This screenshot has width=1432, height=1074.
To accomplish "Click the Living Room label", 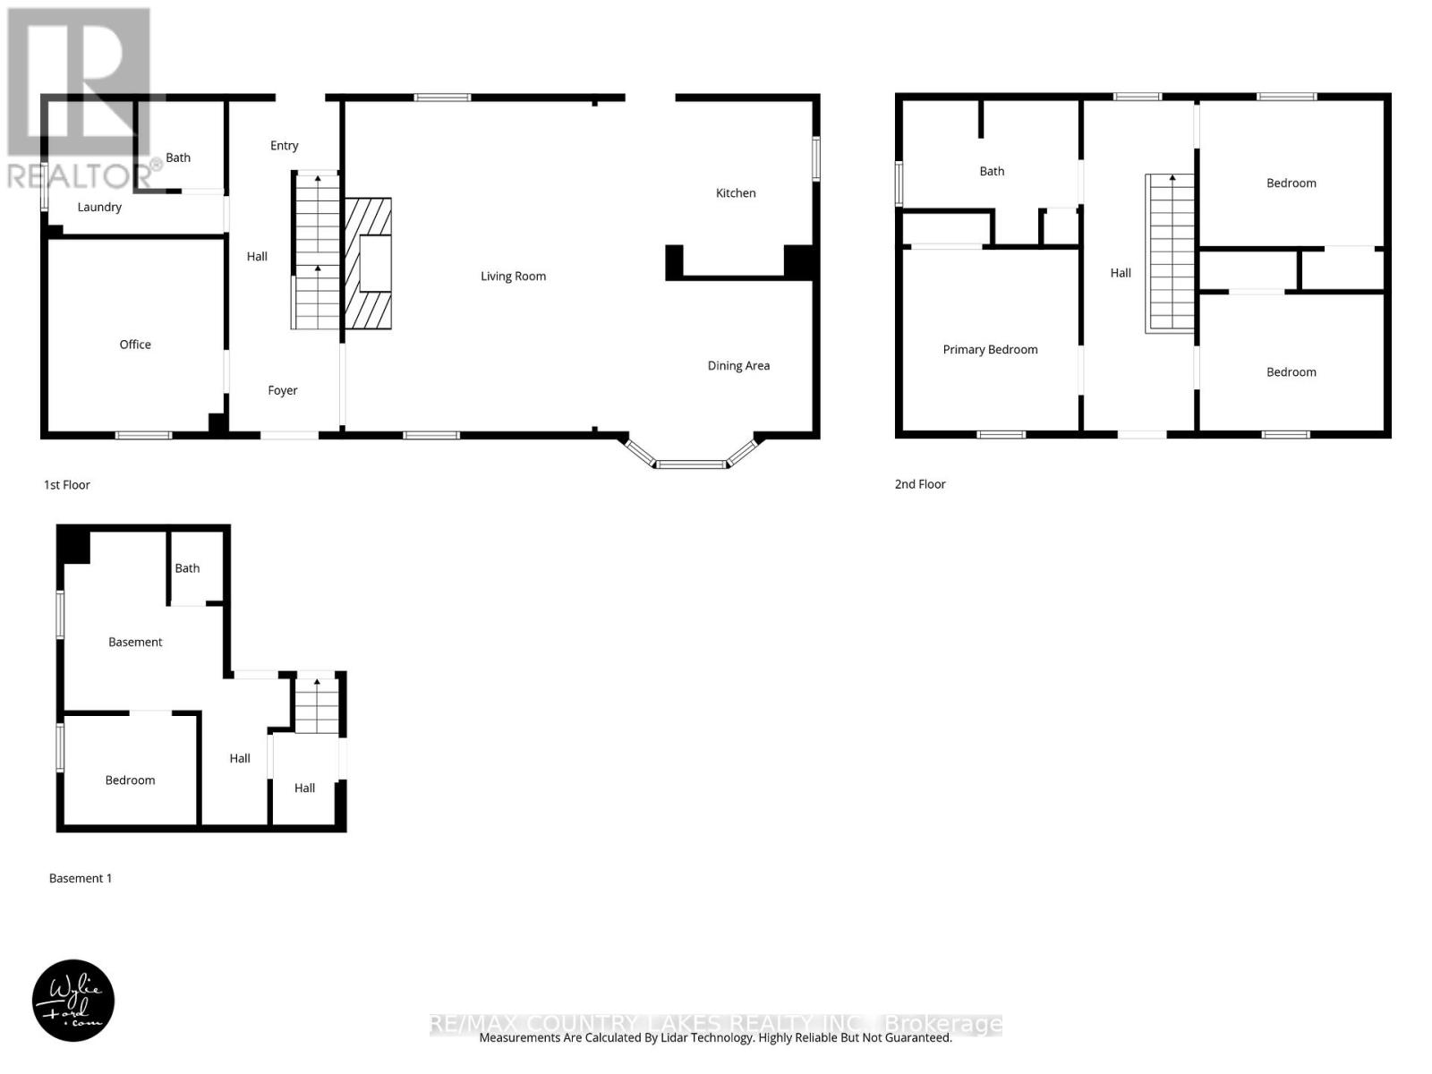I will coord(513,277).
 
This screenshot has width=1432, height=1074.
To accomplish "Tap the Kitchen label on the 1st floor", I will coord(736,193).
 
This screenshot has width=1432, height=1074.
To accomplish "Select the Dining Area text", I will coord(738,366).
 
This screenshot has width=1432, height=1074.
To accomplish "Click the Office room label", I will coord(135,345).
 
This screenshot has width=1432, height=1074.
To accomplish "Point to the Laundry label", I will coord(99,208).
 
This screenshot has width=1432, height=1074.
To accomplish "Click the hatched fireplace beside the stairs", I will coord(369,263).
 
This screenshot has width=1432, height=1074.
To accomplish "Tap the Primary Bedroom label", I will coord(990,350).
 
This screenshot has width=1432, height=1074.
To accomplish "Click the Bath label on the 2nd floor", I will coord(992,172).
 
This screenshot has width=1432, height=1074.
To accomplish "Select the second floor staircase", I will coord(1171,253).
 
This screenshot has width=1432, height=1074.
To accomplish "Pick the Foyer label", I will coord(283,391).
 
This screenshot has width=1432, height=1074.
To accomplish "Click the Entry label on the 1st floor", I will coord(285,146).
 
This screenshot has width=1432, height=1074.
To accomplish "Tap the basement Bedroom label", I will coord(131,780).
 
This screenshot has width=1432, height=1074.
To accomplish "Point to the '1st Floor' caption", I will coord(67,485).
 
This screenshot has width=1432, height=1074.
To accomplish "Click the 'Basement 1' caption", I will coord(81,879).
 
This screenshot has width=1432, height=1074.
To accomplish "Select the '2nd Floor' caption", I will coord(920,484).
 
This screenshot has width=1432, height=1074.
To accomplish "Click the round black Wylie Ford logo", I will coord(73,1001).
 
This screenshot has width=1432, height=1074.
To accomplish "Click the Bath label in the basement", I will coord(187,568).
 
